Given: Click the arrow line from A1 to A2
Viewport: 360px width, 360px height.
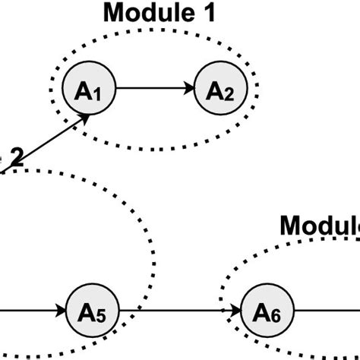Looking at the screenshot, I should tap(152, 88).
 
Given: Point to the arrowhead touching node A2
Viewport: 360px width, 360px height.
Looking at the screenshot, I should tap(189, 88).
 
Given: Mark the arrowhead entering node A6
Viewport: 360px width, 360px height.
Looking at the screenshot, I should tap(236, 311).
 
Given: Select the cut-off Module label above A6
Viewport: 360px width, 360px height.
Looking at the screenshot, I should tap(319, 226).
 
